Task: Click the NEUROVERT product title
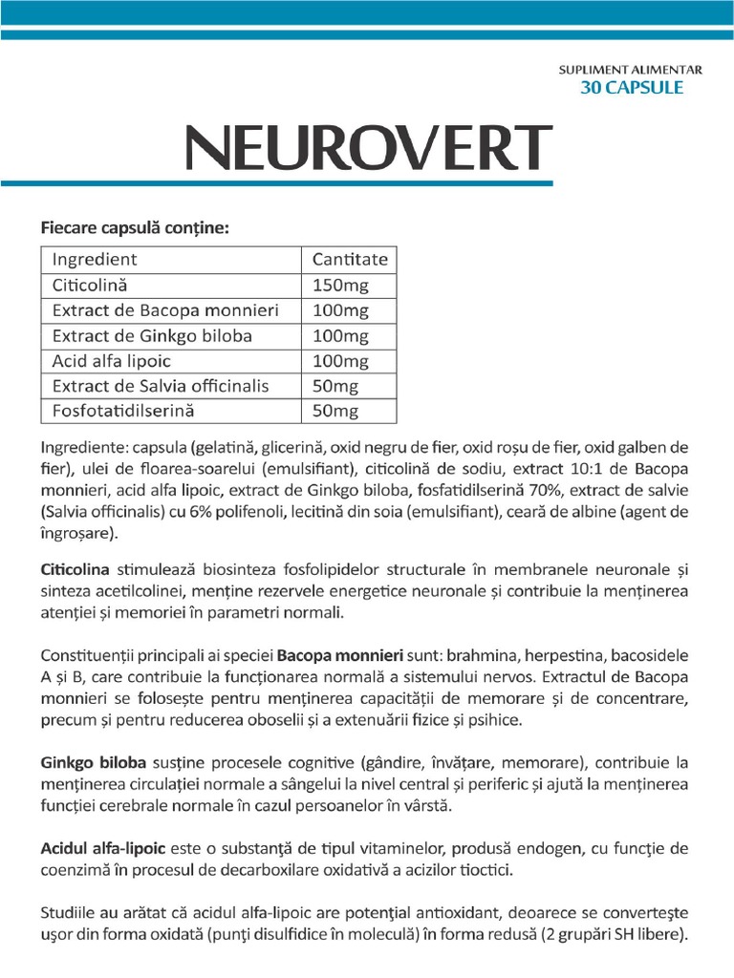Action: [x=368, y=146]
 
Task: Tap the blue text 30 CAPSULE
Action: [x=632, y=88]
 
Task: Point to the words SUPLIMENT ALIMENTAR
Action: [x=631, y=70]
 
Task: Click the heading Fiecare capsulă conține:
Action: [x=135, y=227]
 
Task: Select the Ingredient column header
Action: [x=95, y=259]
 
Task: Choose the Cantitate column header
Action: [x=350, y=259]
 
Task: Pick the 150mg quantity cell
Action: [x=340, y=285]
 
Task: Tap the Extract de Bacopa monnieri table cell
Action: [x=165, y=310]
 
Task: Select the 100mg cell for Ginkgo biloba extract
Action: [x=340, y=335]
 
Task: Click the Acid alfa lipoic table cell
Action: [x=112, y=361]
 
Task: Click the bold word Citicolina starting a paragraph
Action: [x=76, y=569]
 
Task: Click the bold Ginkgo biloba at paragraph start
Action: [x=94, y=763]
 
